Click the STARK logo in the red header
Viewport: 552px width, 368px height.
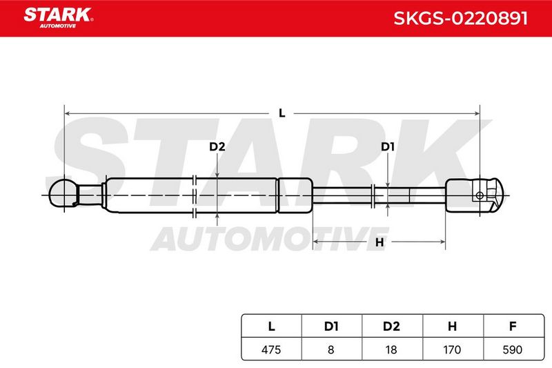click(x=58, y=18)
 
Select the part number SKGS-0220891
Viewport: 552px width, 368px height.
click(x=460, y=19)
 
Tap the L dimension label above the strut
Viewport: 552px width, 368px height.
click(x=282, y=113)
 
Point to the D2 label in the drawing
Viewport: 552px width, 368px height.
click(x=217, y=146)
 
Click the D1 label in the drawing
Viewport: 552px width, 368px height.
click(x=388, y=146)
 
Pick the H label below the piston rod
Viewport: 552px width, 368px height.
click(x=379, y=242)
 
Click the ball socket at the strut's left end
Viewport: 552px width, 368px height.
click(x=63, y=193)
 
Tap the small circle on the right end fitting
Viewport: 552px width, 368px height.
click(x=480, y=195)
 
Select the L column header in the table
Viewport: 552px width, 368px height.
click(x=271, y=327)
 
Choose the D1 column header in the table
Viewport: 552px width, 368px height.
click(x=332, y=327)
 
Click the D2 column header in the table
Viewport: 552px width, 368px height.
click(x=392, y=327)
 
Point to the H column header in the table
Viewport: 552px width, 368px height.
click(x=453, y=327)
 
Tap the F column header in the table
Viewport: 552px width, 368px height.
click(x=513, y=327)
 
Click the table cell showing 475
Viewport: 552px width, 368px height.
click(x=271, y=349)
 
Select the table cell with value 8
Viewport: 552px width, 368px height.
click(x=332, y=349)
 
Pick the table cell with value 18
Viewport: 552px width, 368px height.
click(x=392, y=349)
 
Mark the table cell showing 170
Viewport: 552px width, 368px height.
click(x=453, y=349)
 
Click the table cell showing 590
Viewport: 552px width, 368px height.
click(x=513, y=349)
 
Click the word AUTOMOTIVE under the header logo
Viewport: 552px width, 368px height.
click(x=58, y=26)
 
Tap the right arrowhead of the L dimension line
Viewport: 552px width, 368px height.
click(x=477, y=113)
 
